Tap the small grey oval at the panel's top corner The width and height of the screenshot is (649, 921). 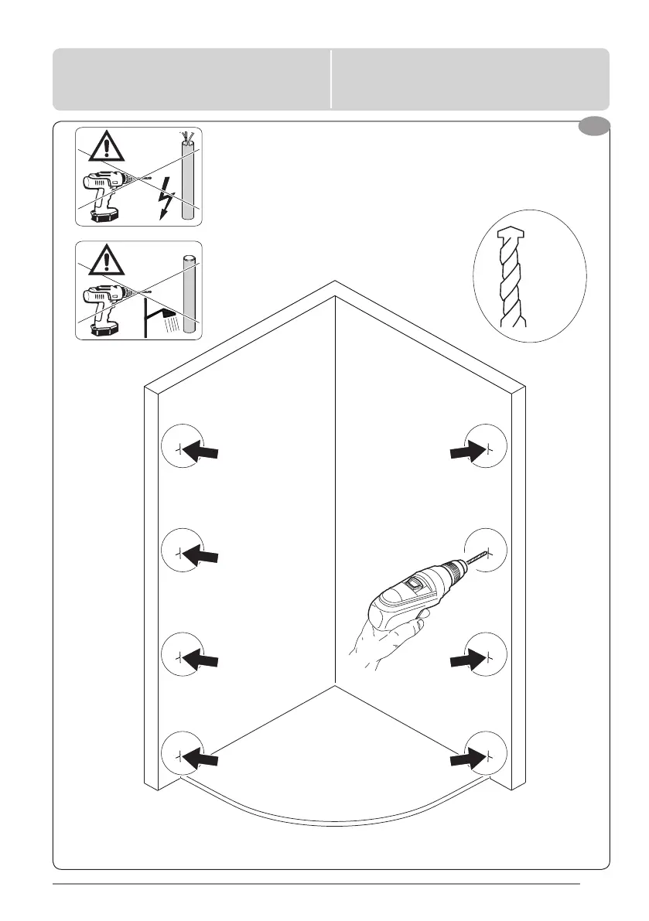click(595, 128)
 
